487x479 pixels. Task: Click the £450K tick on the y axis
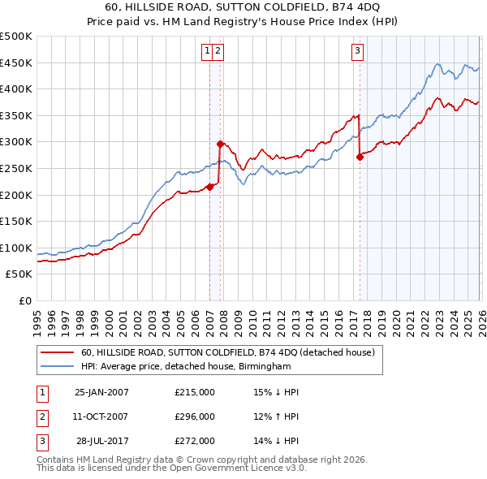[16, 63]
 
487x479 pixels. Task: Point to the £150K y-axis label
[16, 221]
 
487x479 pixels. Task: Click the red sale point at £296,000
[220, 144]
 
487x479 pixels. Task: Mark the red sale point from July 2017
[360, 157]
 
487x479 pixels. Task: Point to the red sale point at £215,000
[209, 187]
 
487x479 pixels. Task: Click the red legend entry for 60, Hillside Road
[227, 353]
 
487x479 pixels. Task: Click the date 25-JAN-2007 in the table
[101, 392]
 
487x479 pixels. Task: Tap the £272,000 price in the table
[195, 441]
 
